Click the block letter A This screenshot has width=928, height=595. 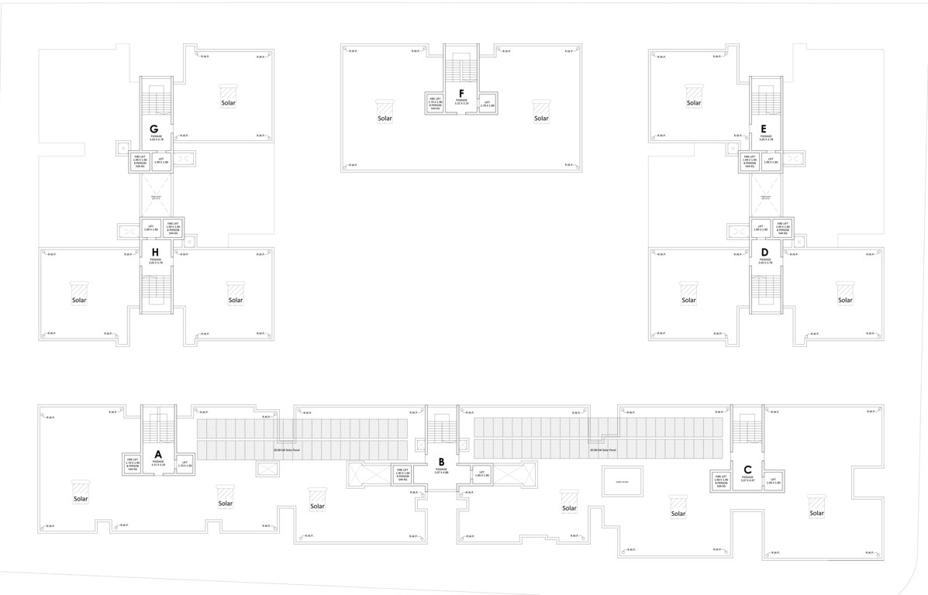pos(157,454)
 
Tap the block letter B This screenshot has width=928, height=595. pos(441,462)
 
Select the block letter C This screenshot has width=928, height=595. pos(747,469)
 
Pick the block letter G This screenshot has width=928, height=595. pos(155,129)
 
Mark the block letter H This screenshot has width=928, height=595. pos(156,252)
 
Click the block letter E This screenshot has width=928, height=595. pos(765,129)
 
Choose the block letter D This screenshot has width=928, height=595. pos(765,252)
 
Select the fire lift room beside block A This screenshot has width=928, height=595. pos(132,464)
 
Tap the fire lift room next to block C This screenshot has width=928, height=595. pos(721,481)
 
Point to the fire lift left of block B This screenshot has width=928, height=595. pos(402,474)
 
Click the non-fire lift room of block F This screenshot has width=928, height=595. pos(487,104)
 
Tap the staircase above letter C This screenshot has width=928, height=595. pos(748,429)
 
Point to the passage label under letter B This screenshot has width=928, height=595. pos(441,471)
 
